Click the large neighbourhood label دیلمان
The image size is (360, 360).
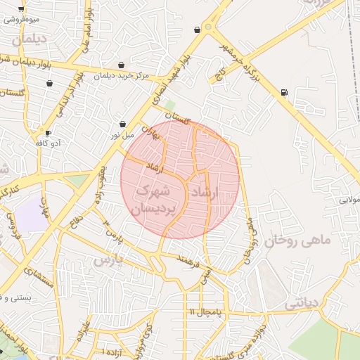[29, 39]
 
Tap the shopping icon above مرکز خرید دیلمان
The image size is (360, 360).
[122, 65]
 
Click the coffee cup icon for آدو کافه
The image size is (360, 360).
[48, 132]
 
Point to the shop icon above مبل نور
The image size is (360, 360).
[122, 124]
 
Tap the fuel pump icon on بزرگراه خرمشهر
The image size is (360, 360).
[283, 92]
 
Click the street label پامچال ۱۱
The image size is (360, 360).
[205, 311]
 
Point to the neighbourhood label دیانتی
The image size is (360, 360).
[302, 303]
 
